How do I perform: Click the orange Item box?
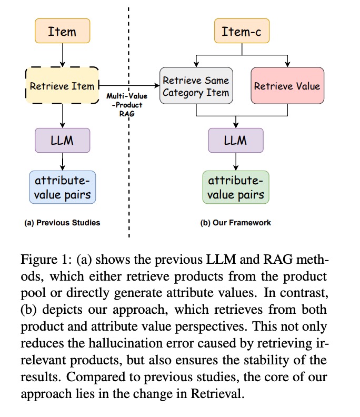point(62,31)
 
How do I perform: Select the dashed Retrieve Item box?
point(62,86)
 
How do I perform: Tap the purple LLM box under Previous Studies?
point(62,140)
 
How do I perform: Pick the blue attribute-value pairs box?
point(62,187)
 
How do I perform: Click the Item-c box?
point(242,31)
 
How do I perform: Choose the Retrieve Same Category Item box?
point(196,86)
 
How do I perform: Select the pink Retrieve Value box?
point(287,86)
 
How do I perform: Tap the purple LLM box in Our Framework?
point(235,140)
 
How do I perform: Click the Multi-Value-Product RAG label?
point(127,105)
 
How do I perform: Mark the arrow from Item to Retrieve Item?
point(62,55)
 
